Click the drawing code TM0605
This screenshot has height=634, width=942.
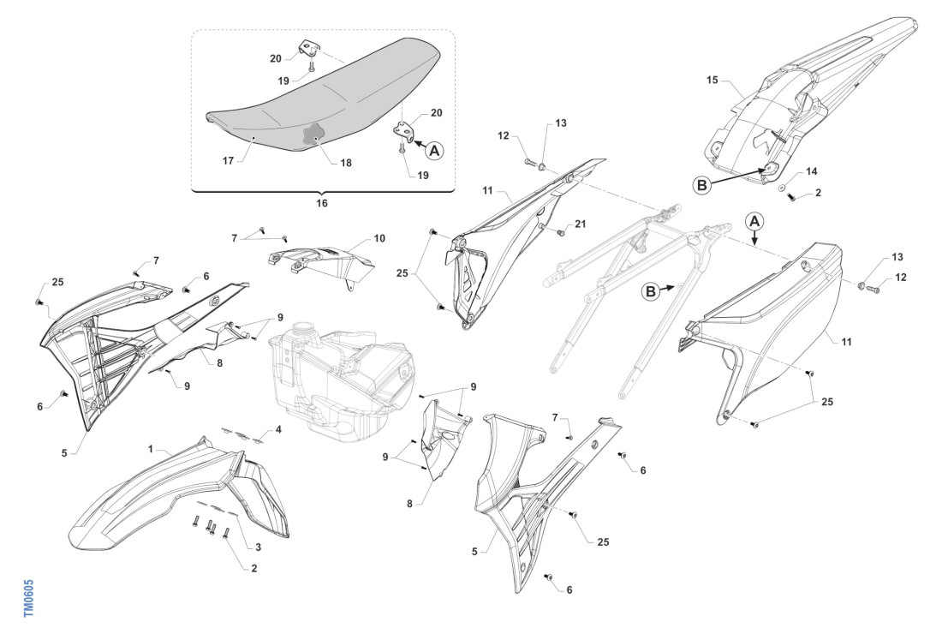tap(28, 591)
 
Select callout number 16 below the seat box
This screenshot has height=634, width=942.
tap(321, 204)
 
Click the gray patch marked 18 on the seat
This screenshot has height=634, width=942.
tap(313, 136)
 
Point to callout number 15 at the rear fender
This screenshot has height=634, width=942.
tap(712, 80)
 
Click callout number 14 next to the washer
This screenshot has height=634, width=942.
tap(812, 172)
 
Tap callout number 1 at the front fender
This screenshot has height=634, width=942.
tap(150, 449)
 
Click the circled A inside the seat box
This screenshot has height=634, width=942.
tap(435, 150)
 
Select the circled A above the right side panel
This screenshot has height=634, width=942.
tap(754, 220)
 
